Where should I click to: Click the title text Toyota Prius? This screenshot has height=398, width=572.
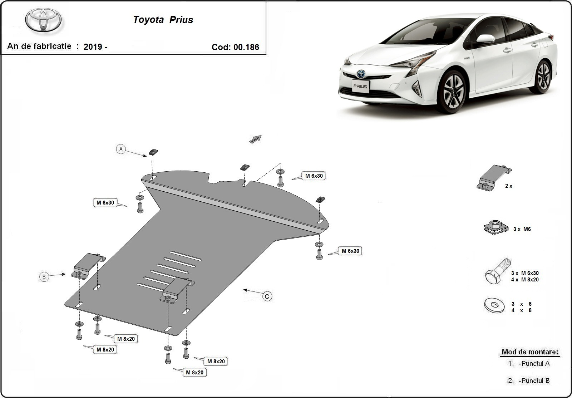pos(163,20)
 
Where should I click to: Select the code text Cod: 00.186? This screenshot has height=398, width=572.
pos(235,47)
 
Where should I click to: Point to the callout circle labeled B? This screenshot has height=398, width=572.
pos(44,276)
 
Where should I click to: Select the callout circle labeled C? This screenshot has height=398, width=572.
pos(267,296)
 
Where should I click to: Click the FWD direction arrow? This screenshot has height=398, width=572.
pos(255,139)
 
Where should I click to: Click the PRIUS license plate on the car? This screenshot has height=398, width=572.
pos(360,86)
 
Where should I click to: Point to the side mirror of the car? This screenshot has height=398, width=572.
pos(485,39)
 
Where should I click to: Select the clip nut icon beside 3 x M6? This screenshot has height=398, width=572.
pos(496,227)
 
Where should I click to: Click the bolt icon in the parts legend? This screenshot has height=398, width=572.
pos(497,271)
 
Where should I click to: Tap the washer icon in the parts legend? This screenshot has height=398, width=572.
pos(494,305)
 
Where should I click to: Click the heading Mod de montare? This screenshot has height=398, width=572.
pos(529,352)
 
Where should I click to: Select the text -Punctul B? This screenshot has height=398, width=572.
pos(534,380)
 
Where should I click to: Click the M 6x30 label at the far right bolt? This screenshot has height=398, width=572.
pos(350,251)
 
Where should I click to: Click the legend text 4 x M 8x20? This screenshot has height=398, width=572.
pos(524,280)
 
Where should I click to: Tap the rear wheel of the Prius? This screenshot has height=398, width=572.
pos(543,77)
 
